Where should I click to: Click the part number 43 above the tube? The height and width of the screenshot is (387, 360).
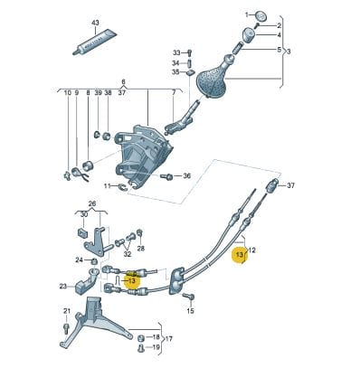(95, 23)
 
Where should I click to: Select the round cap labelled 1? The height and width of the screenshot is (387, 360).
(261, 15)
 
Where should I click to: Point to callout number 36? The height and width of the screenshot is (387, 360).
(187, 175)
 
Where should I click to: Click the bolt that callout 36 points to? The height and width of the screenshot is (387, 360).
(167, 176)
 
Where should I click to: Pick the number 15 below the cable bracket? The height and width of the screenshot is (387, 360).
(190, 311)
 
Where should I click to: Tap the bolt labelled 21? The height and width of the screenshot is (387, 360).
(67, 328)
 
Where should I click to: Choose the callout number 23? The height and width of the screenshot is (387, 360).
(63, 287)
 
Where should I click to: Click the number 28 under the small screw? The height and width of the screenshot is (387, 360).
(141, 249)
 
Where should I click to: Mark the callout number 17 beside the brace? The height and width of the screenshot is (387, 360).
(169, 339)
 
